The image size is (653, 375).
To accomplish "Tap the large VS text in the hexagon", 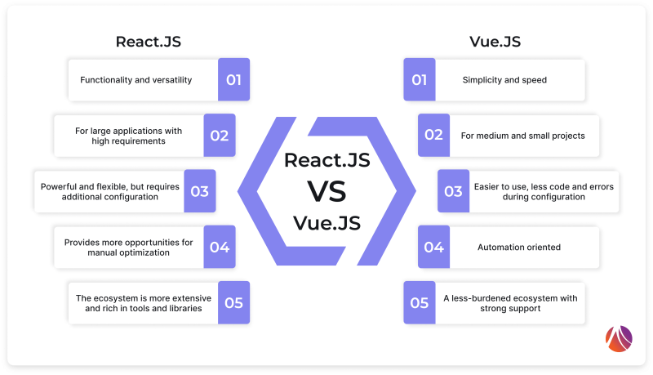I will click(326, 190).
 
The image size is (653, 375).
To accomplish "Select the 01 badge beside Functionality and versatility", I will click(233, 80).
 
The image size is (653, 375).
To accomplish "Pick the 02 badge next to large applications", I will click(219, 136).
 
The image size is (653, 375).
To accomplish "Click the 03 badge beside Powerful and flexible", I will click(200, 191).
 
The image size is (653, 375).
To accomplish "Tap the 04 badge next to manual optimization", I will click(219, 247).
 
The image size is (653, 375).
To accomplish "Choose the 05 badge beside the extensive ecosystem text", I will click(233, 302).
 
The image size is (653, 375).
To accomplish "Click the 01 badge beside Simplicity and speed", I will click(420, 80).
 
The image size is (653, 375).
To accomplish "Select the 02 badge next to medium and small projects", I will click(433, 136).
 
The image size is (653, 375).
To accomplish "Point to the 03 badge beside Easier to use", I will click(453, 191).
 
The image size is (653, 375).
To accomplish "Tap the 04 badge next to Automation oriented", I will click(433, 247).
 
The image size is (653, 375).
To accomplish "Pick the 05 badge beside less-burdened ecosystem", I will click(420, 302).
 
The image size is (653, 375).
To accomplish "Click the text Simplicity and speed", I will click(504, 80).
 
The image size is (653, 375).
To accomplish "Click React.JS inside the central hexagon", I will click(326, 160).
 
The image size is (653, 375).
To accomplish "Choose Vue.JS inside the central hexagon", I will click(326, 222).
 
